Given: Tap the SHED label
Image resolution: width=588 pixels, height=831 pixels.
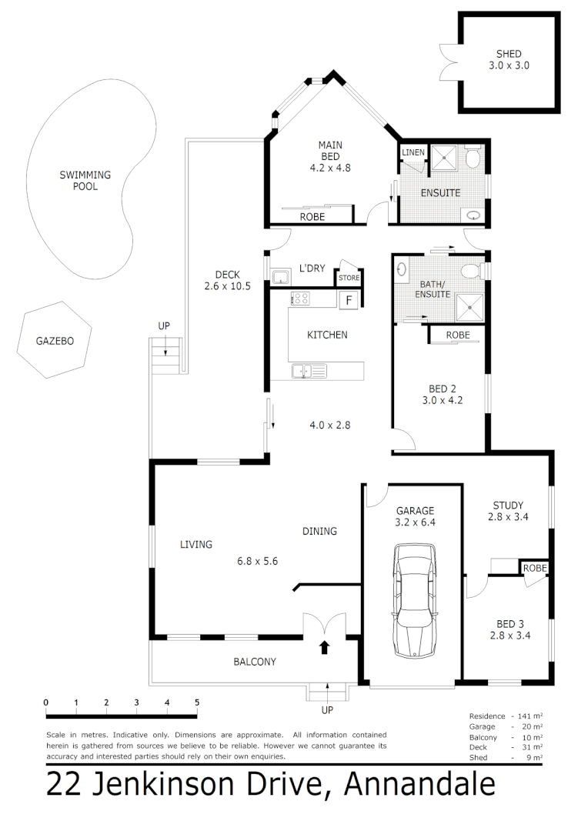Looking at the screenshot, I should [509, 54].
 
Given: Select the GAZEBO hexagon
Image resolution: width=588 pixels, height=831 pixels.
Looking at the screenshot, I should [55, 341].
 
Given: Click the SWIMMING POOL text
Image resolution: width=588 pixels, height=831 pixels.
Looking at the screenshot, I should [85, 180].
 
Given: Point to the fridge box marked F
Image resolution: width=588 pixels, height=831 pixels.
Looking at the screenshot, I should [349, 300].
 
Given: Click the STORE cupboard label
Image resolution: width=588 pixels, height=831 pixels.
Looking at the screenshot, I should [349, 278].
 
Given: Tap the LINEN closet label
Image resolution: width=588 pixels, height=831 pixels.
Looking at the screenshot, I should [413, 152].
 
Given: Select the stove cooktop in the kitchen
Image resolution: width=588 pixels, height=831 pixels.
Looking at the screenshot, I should [299, 299].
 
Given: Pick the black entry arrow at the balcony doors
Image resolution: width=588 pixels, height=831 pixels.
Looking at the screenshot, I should [324, 647].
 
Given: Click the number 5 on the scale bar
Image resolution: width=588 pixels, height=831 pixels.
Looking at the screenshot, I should [197, 702].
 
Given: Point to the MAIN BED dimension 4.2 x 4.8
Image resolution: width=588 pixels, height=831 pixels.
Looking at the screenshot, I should [329, 167].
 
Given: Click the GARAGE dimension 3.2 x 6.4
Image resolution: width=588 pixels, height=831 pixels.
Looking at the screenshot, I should [415, 522].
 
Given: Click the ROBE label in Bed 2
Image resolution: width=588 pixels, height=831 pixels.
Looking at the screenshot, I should [458, 335].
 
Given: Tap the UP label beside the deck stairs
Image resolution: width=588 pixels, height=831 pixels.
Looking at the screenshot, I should [163, 326].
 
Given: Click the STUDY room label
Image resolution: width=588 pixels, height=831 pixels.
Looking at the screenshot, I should [508, 506].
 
